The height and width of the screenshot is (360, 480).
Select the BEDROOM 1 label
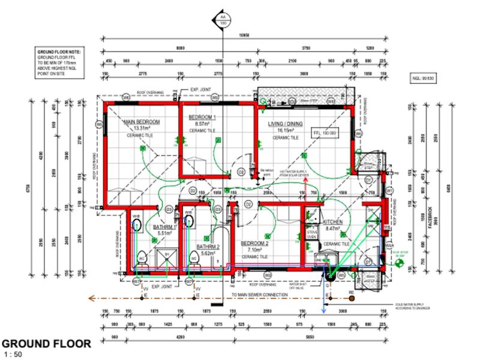[202, 117]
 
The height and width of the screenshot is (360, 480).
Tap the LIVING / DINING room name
[285, 124]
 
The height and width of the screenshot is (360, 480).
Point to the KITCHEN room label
[333, 221]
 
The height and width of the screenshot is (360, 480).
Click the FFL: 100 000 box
[323, 133]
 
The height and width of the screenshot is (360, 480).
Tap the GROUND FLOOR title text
[46, 344]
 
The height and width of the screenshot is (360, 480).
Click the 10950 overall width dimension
[242, 37]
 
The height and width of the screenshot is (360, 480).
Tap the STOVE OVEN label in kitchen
[311, 234]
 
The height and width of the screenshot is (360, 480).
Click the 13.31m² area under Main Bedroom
[142, 128]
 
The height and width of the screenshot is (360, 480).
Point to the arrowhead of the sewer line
[90, 296]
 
